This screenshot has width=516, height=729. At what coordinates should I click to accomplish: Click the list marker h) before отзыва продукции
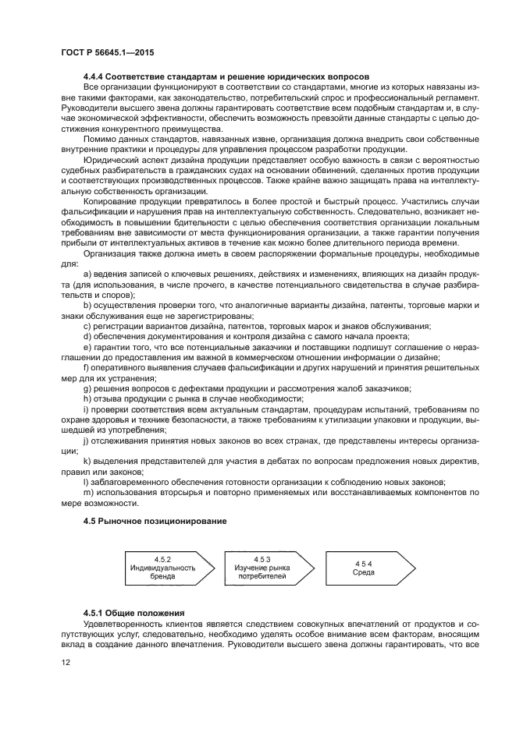pyautogui.click(x=86, y=398)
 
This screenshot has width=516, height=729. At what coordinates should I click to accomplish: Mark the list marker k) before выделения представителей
pyautogui.click(x=86, y=462)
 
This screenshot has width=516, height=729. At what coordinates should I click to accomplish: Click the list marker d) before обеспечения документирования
pyautogui.click(x=86, y=334)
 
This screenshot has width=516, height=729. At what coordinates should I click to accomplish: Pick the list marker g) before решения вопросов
pyautogui.click(x=86, y=388)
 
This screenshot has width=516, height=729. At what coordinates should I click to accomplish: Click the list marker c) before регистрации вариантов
pyautogui.click(x=86, y=325)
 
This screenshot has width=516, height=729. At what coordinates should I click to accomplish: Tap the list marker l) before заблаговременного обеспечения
pyautogui.click(x=85, y=483)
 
